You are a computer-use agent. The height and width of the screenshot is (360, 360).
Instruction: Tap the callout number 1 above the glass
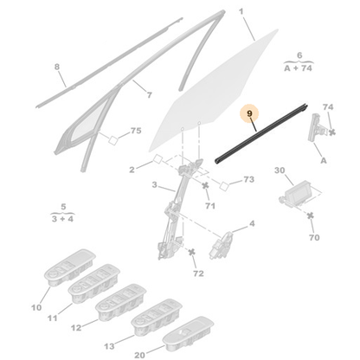click(241, 11)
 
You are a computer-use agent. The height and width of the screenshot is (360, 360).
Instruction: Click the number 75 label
click(134, 131)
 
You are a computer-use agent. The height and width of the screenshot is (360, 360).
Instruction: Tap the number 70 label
click(313, 236)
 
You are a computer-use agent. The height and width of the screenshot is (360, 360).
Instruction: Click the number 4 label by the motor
click(252, 223)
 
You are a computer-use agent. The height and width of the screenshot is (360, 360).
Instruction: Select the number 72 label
click(197, 273)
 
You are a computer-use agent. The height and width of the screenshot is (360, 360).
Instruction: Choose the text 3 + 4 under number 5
click(59, 220)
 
